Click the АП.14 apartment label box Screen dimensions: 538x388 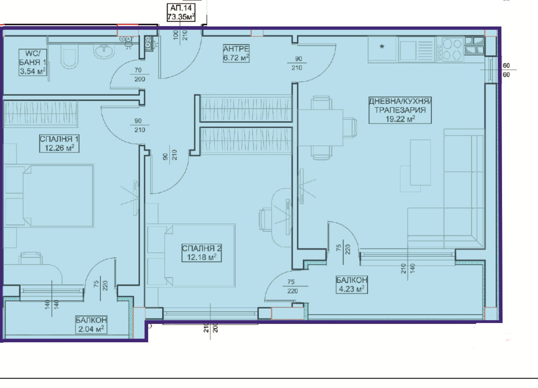click(181, 12)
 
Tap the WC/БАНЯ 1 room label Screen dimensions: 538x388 click(33, 62)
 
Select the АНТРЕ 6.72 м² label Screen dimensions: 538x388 click(236, 53)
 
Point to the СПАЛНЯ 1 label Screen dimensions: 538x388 click(59, 144)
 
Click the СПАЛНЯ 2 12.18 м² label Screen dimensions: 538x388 click(202, 253)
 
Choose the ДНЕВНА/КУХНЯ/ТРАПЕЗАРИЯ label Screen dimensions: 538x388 click(400, 110)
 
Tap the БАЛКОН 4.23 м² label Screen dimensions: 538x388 click(352, 285)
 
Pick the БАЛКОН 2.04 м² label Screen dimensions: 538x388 click(91, 324)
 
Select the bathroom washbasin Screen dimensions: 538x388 click(104, 51)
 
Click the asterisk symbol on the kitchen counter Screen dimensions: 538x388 click(382, 47)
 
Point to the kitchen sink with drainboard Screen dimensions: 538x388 click(416, 50)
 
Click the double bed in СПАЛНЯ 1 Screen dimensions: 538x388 click(49, 196)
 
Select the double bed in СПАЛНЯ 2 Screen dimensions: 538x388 click(191, 256)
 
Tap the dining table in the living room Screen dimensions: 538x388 click(321, 128)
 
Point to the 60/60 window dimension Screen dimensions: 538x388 click(506, 70)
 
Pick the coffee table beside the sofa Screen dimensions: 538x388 click(420, 162)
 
